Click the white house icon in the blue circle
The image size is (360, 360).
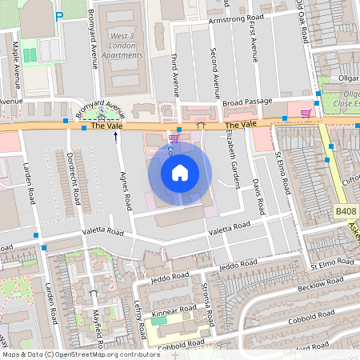[180, 172]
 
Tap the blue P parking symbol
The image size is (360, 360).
[58, 15]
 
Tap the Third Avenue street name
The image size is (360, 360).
[174, 71]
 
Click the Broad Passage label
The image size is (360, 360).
[247, 102]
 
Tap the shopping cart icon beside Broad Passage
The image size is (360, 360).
[305, 113]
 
